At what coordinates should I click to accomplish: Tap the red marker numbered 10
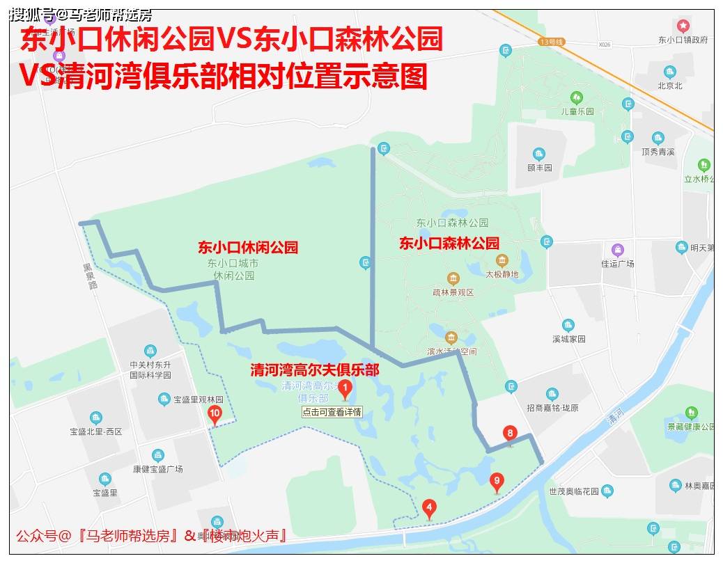[x=215, y=415]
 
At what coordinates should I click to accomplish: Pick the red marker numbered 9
[x=497, y=481]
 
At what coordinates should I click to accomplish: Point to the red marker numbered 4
[x=430, y=509]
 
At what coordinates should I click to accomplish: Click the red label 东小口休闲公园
[x=248, y=247]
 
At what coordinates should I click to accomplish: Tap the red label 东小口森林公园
[x=449, y=244]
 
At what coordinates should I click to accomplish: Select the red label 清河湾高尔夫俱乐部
[x=315, y=370]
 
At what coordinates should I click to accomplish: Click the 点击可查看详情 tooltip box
[x=332, y=412]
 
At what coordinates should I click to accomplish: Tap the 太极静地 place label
[x=502, y=274]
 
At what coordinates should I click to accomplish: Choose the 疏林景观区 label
[x=453, y=292]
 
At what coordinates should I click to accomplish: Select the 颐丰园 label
[x=539, y=168]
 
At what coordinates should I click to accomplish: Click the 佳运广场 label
[x=617, y=264]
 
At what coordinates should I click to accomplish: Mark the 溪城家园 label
[x=568, y=339]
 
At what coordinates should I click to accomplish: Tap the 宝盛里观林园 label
[x=198, y=400]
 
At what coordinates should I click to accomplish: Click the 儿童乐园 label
[x=577, y=111]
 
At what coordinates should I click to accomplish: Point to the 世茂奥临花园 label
[x=573, y=491]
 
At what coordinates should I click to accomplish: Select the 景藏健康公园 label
[x=690, y=426]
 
